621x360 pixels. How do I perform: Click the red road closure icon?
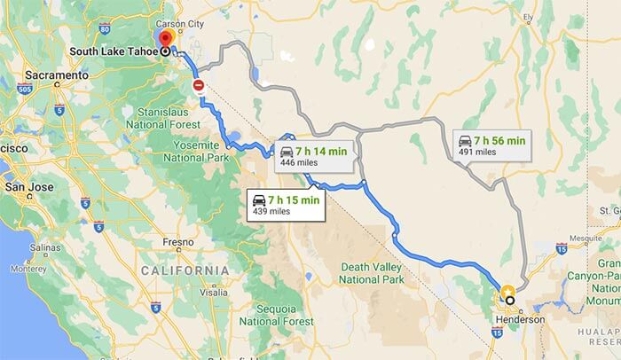199,86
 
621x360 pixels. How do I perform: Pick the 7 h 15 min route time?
294,200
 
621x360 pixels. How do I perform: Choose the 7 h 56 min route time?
499,140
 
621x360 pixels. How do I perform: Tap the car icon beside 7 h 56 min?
464,140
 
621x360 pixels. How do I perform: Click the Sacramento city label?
59,76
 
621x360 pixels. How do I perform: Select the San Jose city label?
30,188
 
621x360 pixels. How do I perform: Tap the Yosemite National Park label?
192,150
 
